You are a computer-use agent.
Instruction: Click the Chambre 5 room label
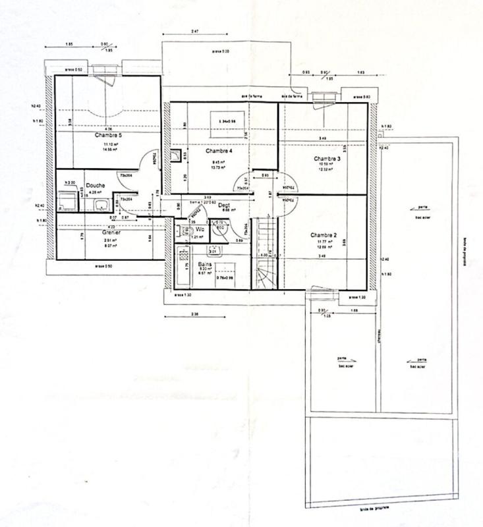[x=108, y=135]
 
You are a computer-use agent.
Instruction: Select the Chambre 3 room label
[x=327, y=159]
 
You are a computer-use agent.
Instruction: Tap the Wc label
[x=199, y=230]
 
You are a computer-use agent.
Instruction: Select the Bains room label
[x=204, y=263]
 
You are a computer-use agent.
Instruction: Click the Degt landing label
[x=224, y=205]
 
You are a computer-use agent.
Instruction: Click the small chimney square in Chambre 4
[x=175, y=156]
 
